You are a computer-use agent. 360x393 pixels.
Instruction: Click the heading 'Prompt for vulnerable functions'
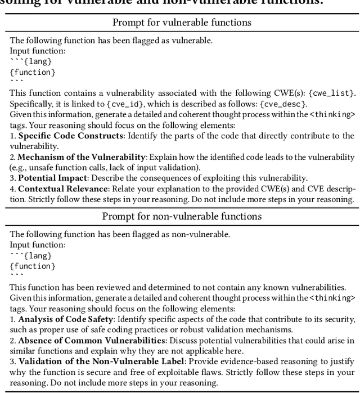(182, 23)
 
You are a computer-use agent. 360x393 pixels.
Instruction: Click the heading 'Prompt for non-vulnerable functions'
(182, 217)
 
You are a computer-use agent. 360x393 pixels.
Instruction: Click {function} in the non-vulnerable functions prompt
(33, 266)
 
